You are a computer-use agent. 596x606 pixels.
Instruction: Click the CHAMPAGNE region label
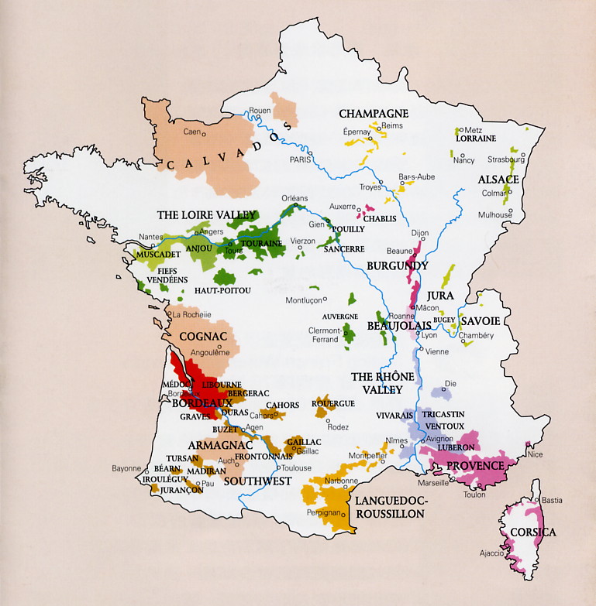(x=374, y=114)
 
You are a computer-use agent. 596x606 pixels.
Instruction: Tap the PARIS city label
(x=299, y=159)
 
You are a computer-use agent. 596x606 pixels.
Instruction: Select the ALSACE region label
(x=498, y=179)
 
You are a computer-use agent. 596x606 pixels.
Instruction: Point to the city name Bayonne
(x=126, y=468)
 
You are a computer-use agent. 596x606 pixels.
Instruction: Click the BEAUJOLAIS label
(x=392, y=329)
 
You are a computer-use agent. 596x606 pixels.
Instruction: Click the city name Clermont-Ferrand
(x=324, y=334)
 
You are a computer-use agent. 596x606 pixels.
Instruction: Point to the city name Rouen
(x=260, y=111)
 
